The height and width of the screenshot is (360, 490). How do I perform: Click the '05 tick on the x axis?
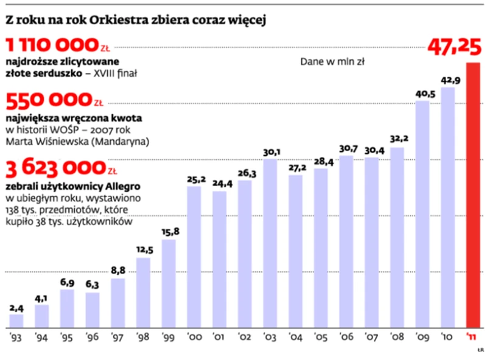tap(321, 336)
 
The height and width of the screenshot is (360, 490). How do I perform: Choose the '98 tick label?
tap(144, 336)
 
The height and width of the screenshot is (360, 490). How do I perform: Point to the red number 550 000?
tap(47, 101)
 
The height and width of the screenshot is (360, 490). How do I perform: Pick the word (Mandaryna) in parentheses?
tap(122, 142)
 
